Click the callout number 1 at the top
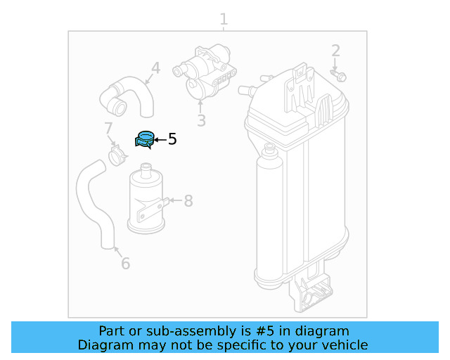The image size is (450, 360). [224, 18]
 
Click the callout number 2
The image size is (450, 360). [335, 51]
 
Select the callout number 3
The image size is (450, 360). [201, 121]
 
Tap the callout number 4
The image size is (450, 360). [155, 68]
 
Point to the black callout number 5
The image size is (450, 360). [172, 139]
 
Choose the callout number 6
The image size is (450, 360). [125, 264]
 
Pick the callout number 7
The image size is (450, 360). [108, 129]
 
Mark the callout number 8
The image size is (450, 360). [188, 202]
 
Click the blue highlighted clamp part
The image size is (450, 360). [145, 139]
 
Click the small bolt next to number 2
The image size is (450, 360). [340, 75]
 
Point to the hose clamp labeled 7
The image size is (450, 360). [117, 155]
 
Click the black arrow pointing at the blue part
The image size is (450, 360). [160, 140]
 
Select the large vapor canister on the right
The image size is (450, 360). [299, 183]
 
